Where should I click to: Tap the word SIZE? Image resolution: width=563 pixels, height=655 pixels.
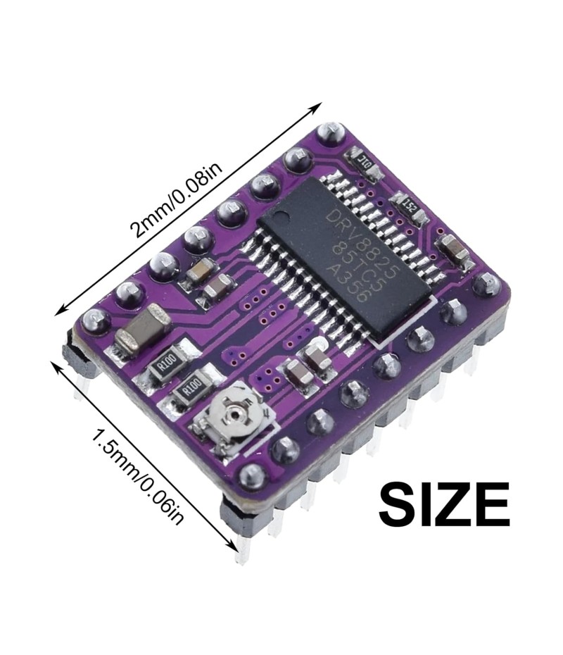coord(444,504)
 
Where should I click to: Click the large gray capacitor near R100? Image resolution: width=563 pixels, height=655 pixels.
coord(142,327)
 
